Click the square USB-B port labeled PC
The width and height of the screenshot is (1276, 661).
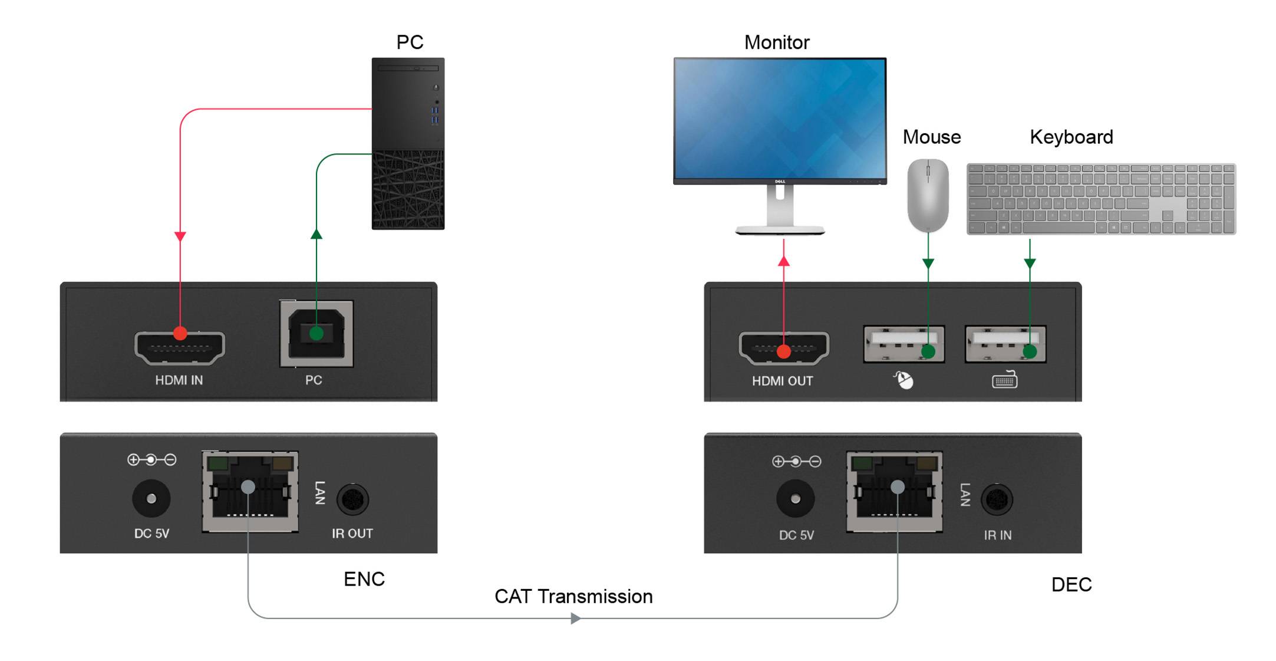[316, 334]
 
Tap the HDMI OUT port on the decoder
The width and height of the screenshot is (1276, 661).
[783, 347]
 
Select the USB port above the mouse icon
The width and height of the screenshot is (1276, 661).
[904, 344]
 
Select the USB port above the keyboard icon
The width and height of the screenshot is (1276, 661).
[1005, 344]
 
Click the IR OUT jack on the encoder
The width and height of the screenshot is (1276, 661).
[352, 500]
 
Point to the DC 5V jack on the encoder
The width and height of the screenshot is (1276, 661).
[151, 499]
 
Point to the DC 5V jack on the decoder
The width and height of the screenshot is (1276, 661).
[795, 499]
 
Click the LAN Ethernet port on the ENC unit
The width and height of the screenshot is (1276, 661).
[250, 492]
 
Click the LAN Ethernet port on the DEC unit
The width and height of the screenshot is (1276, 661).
[894, 492]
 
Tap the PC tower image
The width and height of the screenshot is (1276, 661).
[408, 143]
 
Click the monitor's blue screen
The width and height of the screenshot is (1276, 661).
[780, 118]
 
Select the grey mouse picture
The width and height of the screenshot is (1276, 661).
[928, 195]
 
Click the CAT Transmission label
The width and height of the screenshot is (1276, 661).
[573, 596]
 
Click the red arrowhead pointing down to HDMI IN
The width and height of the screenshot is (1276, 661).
[180, 236]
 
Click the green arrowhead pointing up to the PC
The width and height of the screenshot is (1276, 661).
[316, 235]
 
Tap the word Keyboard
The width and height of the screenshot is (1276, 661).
[1071, 137]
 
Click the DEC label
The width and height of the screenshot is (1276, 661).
[1071, 584]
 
